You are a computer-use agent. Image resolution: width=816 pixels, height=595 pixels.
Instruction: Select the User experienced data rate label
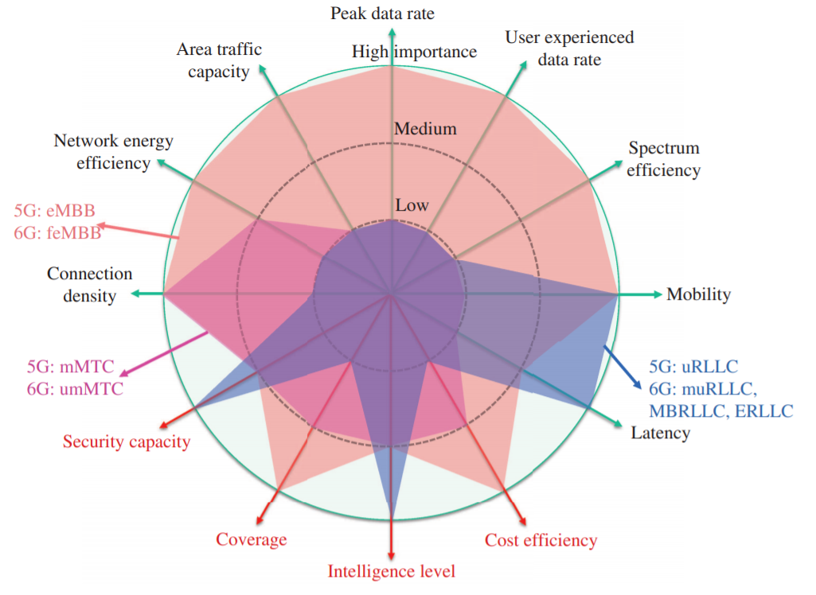569,48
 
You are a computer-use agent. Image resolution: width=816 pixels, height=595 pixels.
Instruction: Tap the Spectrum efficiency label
664,159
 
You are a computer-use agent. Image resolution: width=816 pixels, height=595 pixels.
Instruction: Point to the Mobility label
698,294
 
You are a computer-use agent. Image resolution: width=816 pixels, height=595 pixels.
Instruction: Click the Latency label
660,434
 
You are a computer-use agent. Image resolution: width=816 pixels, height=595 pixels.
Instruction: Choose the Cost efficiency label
541,541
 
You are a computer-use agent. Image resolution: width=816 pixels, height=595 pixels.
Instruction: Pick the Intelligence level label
391,571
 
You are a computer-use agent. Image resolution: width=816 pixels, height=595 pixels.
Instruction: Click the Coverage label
251,539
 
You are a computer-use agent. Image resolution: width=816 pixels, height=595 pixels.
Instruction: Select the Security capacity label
127,441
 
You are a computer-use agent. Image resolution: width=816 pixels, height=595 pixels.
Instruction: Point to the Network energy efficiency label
113,152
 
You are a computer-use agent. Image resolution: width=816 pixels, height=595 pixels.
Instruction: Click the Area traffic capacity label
219,60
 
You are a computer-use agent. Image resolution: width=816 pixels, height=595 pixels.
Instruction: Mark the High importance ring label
414,52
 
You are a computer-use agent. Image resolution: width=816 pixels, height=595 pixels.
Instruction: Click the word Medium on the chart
425,129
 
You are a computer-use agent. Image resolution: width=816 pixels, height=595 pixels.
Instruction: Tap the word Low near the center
412,205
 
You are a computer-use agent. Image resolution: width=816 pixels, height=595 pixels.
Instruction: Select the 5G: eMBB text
54,211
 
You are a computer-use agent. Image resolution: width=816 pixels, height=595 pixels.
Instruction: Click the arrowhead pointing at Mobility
657,294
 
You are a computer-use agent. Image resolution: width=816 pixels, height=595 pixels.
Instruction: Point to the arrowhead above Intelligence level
391,554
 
